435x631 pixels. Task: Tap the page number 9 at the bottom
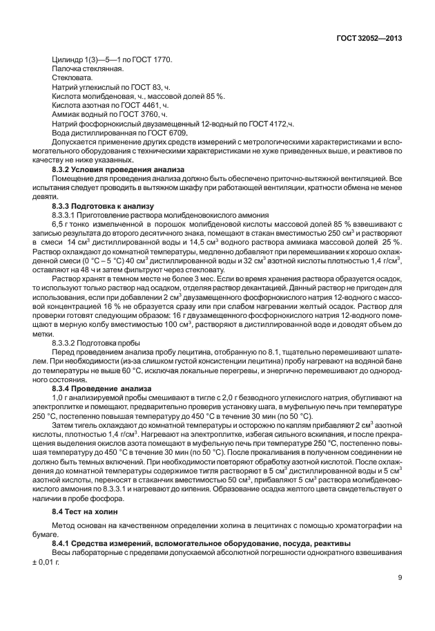pos(400,579)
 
